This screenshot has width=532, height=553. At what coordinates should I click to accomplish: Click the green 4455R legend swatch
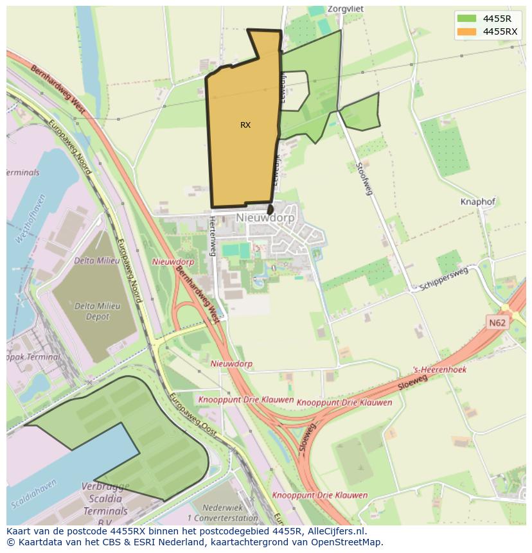coord(467,19)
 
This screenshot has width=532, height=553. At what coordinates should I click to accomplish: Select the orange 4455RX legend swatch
coord(467,31)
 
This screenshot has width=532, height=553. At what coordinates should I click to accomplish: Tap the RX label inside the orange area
coord(245,125)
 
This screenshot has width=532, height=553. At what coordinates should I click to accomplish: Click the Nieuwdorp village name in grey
coord(265,218)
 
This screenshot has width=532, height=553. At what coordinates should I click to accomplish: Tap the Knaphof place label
coord(478,202)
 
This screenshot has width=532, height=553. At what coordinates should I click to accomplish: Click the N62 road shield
coord(497,323)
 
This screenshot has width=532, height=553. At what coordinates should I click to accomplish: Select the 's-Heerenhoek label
coord(440,370)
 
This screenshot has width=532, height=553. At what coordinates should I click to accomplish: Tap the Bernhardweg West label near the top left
coord(57,86)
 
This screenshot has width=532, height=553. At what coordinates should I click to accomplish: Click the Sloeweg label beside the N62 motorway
coord(412,383)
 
